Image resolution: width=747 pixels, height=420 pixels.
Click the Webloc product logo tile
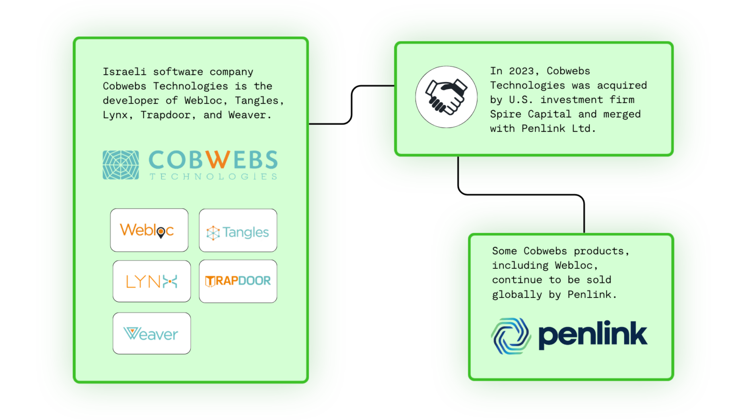pyautogui.click(x=149, y=230)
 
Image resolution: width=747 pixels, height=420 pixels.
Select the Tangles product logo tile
pyautogui.click(x=238, y=230)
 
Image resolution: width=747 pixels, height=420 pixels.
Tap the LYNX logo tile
pyautogui.click(x=151, y=281)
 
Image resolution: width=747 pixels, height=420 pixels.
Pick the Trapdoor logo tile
pyautogui.click(x=238, y=281)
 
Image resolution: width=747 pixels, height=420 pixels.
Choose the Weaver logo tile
pyautogui.click(x=151, y=333)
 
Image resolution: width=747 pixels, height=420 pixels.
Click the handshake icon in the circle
pyautogui.click(x=446, y=97)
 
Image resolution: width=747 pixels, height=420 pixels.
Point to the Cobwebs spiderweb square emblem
pyautogui.click(x=121, y=165)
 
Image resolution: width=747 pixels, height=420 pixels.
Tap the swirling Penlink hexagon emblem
pyautogui.click(x=511, y=336)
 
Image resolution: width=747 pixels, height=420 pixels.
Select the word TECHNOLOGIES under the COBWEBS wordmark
pyautogui.click(x=213, y=176)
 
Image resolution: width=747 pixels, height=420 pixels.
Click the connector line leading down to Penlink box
pyautogui.click(x=520, y=194)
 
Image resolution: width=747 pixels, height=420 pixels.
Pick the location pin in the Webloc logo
pyautogui.click(x=160, y=233)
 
